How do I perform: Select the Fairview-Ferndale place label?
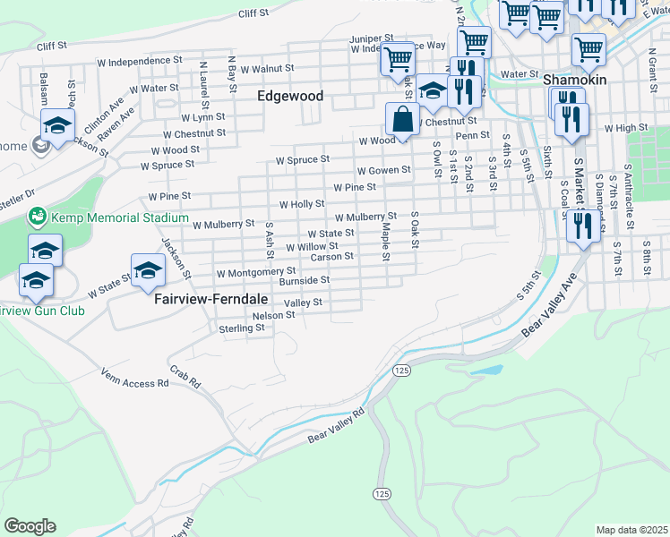(205, 300)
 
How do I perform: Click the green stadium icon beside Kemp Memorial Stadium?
(37, 217)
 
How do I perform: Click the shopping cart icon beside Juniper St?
(397, 60)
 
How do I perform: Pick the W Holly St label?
(302, 204)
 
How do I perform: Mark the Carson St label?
(331, 257)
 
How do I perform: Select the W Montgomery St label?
(255, 270)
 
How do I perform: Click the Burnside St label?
(305, 280)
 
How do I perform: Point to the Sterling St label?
(242, 328)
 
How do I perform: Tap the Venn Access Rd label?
(134, 377)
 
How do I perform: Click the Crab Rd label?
(185, 377)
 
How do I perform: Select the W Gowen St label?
(383, 170)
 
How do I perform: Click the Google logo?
(30, 526)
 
